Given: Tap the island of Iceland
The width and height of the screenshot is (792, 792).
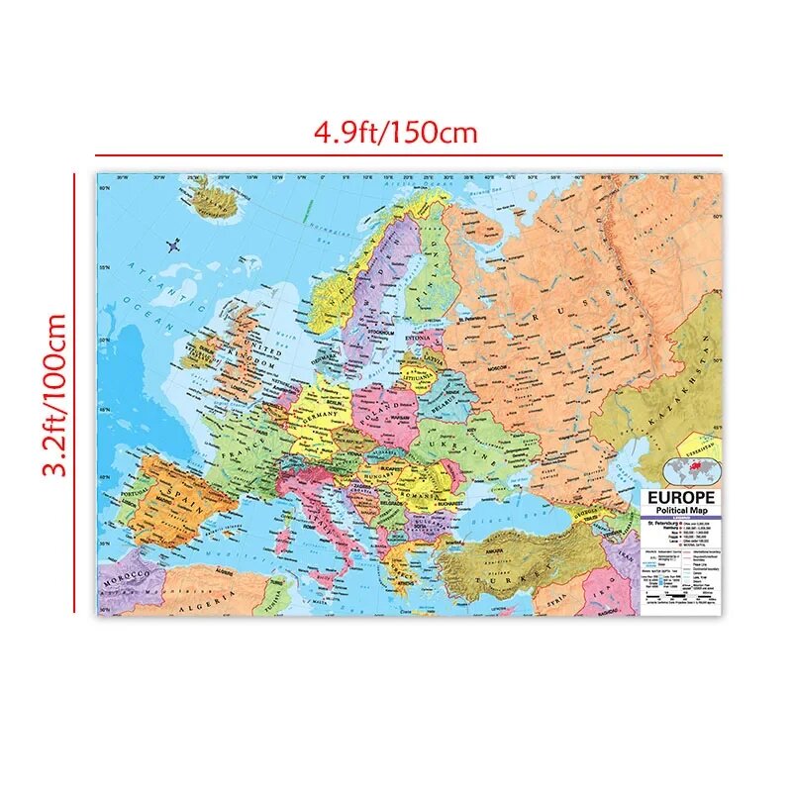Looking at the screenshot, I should click(x=212, y=204).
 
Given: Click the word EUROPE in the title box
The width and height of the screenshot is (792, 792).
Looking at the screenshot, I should click(x=682, y=497).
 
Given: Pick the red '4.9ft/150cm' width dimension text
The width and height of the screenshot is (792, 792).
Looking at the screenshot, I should click(x=396, y=131).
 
